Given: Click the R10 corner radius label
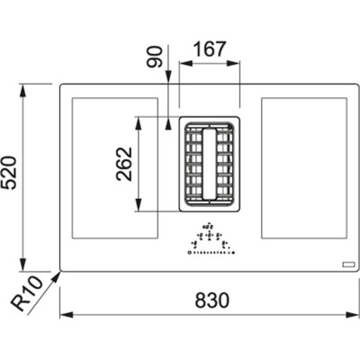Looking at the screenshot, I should pos(30,294).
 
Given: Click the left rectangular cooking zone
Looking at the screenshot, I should pos(113,168).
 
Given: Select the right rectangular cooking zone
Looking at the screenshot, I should pos(303,168).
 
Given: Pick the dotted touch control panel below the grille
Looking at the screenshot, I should pos(209,243).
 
